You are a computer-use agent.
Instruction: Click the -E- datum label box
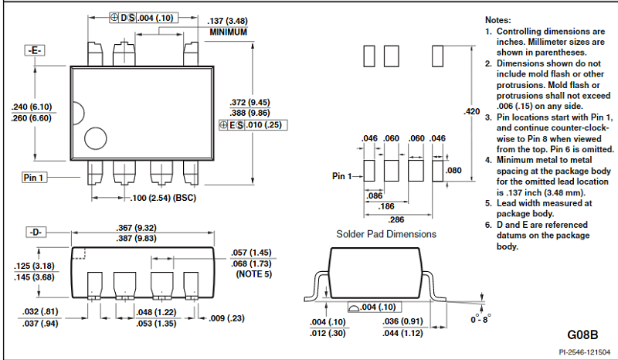[36, 50]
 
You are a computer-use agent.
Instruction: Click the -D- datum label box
[36, 232]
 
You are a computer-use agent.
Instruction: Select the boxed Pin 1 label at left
[34, 178]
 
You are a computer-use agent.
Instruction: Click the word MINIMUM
[228, 32]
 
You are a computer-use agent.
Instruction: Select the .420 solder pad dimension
[471, 112]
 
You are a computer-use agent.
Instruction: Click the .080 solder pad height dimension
[454, 170]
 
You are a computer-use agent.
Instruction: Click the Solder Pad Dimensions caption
[386, 233]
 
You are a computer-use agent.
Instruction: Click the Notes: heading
[498, 19]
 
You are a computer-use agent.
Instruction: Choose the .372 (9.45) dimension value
[250, 102]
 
